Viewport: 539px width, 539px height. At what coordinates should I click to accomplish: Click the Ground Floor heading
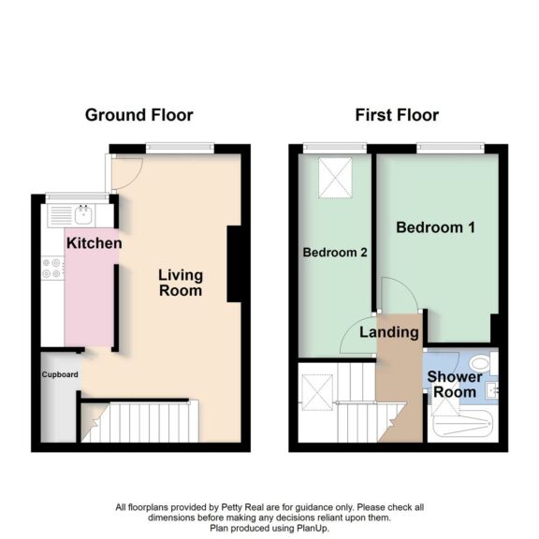coord(138,115)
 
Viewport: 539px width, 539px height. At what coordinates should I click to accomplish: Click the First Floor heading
coord(397,115)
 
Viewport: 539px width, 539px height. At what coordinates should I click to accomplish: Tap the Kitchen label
coord(94,243)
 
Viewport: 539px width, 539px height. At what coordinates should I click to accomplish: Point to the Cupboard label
coord(59,374)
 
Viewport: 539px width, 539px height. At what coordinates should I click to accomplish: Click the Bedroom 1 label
coord(430,227)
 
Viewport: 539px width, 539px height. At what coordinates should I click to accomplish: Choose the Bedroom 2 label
coord(334,254)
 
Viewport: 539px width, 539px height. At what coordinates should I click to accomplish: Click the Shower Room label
coord(454,384)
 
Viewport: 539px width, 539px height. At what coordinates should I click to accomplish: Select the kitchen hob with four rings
coord(52,269)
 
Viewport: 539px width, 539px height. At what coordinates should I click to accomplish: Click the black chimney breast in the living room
coord(235,264)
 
